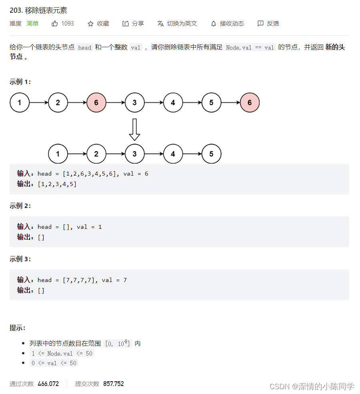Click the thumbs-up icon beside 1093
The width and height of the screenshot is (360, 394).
coord(55,24)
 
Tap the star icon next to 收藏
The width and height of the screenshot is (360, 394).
coord(90,24)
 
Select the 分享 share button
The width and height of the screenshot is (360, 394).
coord(133,24)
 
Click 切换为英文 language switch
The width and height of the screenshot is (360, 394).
coord(177,24)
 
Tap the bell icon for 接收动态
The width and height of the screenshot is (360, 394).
coord(214,24)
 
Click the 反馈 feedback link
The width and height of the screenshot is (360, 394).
coord(268,24)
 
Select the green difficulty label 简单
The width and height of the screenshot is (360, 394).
coord(32,24)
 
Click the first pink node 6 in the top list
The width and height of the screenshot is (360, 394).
coord(96,103)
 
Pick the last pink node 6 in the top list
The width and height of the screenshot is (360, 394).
coord(250,103)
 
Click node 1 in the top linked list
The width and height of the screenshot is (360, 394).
coord(20,103)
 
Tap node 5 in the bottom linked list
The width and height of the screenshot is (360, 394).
coord(211,154)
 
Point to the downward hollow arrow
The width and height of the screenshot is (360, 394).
coord(134,129)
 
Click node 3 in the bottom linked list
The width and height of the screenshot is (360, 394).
coord(134,154)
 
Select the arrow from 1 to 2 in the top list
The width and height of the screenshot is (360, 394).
coord(38,103)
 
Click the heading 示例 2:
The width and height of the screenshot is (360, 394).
coord(20,206)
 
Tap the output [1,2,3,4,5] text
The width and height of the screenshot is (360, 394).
coord(57,184)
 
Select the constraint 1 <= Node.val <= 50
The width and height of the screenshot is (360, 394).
coord(62,354)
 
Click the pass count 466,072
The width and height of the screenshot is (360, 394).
coord(48,384)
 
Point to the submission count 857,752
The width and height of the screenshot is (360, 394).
coord(113,384)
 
